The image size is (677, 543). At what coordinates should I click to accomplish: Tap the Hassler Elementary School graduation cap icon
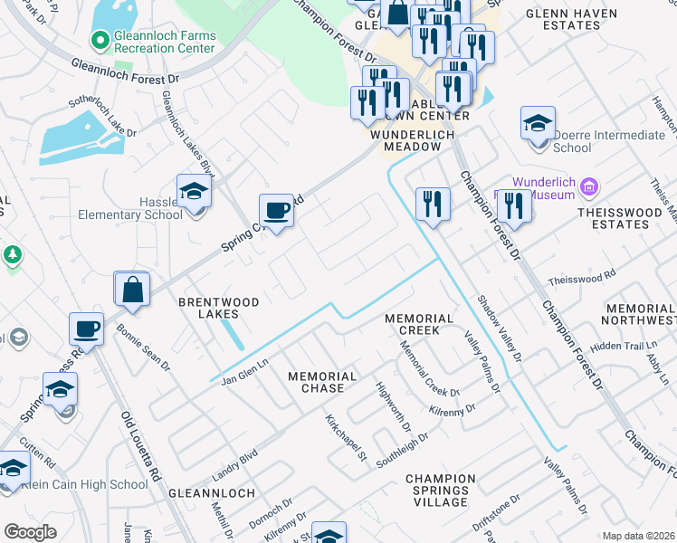194,191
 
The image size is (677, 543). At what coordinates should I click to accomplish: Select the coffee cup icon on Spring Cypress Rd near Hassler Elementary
277,211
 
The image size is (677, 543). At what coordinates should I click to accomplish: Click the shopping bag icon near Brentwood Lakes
132,290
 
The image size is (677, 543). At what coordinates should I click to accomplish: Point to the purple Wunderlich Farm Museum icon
589,187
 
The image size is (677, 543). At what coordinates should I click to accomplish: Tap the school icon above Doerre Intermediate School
538,123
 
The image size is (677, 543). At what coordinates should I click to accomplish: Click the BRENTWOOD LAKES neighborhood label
219,308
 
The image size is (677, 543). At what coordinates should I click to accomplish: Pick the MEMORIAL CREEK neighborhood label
418,324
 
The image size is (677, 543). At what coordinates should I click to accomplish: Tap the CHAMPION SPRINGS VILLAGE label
440,490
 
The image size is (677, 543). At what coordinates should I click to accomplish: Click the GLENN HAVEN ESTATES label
571,20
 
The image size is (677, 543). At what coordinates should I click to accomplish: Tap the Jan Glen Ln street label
245,372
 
